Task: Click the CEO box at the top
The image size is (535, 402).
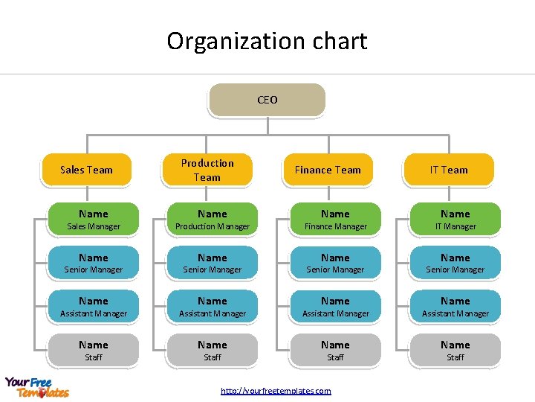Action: point(267,100)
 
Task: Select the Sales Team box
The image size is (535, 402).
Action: point(86,170)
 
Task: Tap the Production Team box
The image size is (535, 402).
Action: point(207,170)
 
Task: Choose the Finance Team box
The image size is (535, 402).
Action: point(328,170)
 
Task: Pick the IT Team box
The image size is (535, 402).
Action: point(449,170)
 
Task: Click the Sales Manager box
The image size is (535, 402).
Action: point(94,220)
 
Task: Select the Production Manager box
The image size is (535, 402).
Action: point(213,220)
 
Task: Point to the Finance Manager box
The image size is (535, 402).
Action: point(335,220)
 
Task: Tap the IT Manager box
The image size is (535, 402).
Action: point(455,220)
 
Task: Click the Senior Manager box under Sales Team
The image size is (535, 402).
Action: point(94,263)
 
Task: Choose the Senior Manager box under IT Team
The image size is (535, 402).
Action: point(455,263)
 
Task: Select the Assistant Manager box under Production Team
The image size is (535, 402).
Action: point(213,307)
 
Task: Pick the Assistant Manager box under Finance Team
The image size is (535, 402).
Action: point(335,307)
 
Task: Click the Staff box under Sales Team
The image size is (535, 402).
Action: point(94,351)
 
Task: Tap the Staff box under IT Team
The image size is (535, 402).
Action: point(455,351)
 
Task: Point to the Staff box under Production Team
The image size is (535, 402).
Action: point(213,351)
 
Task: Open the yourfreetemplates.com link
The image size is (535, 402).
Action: point(276,391)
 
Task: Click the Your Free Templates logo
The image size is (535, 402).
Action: point(37,387)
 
